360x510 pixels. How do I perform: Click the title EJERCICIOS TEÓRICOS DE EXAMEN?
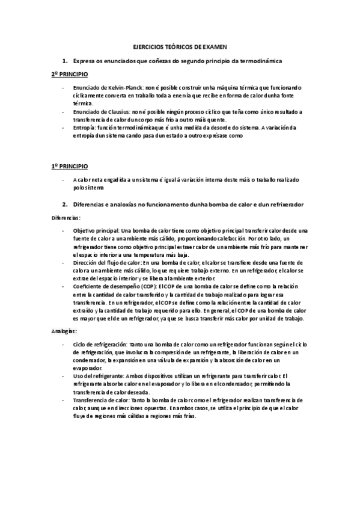[180, 46]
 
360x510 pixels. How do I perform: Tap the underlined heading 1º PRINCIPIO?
[69, 165]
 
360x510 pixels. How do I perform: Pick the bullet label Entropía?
[85, 127]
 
